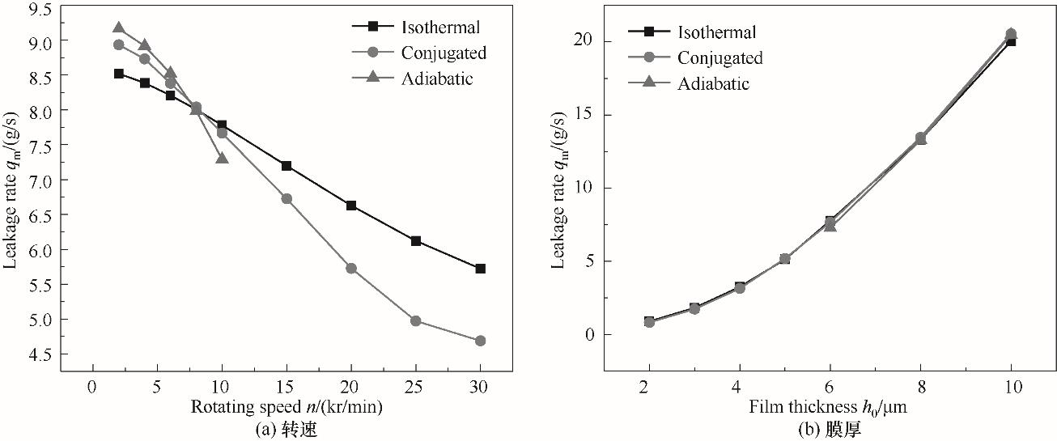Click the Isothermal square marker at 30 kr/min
(480, 269)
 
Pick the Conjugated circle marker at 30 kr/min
(480, 341)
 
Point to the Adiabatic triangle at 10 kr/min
(222, 158)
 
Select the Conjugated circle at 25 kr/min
(416, 320)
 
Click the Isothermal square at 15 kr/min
(287, 166)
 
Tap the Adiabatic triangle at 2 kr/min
(119, 28)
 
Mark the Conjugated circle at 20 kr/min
(351, 268)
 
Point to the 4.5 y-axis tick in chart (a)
(36, 354)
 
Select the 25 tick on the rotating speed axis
(416, 388)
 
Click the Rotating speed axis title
(287, 408)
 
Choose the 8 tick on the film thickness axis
(920, 388)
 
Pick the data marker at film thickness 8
(920, 138)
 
